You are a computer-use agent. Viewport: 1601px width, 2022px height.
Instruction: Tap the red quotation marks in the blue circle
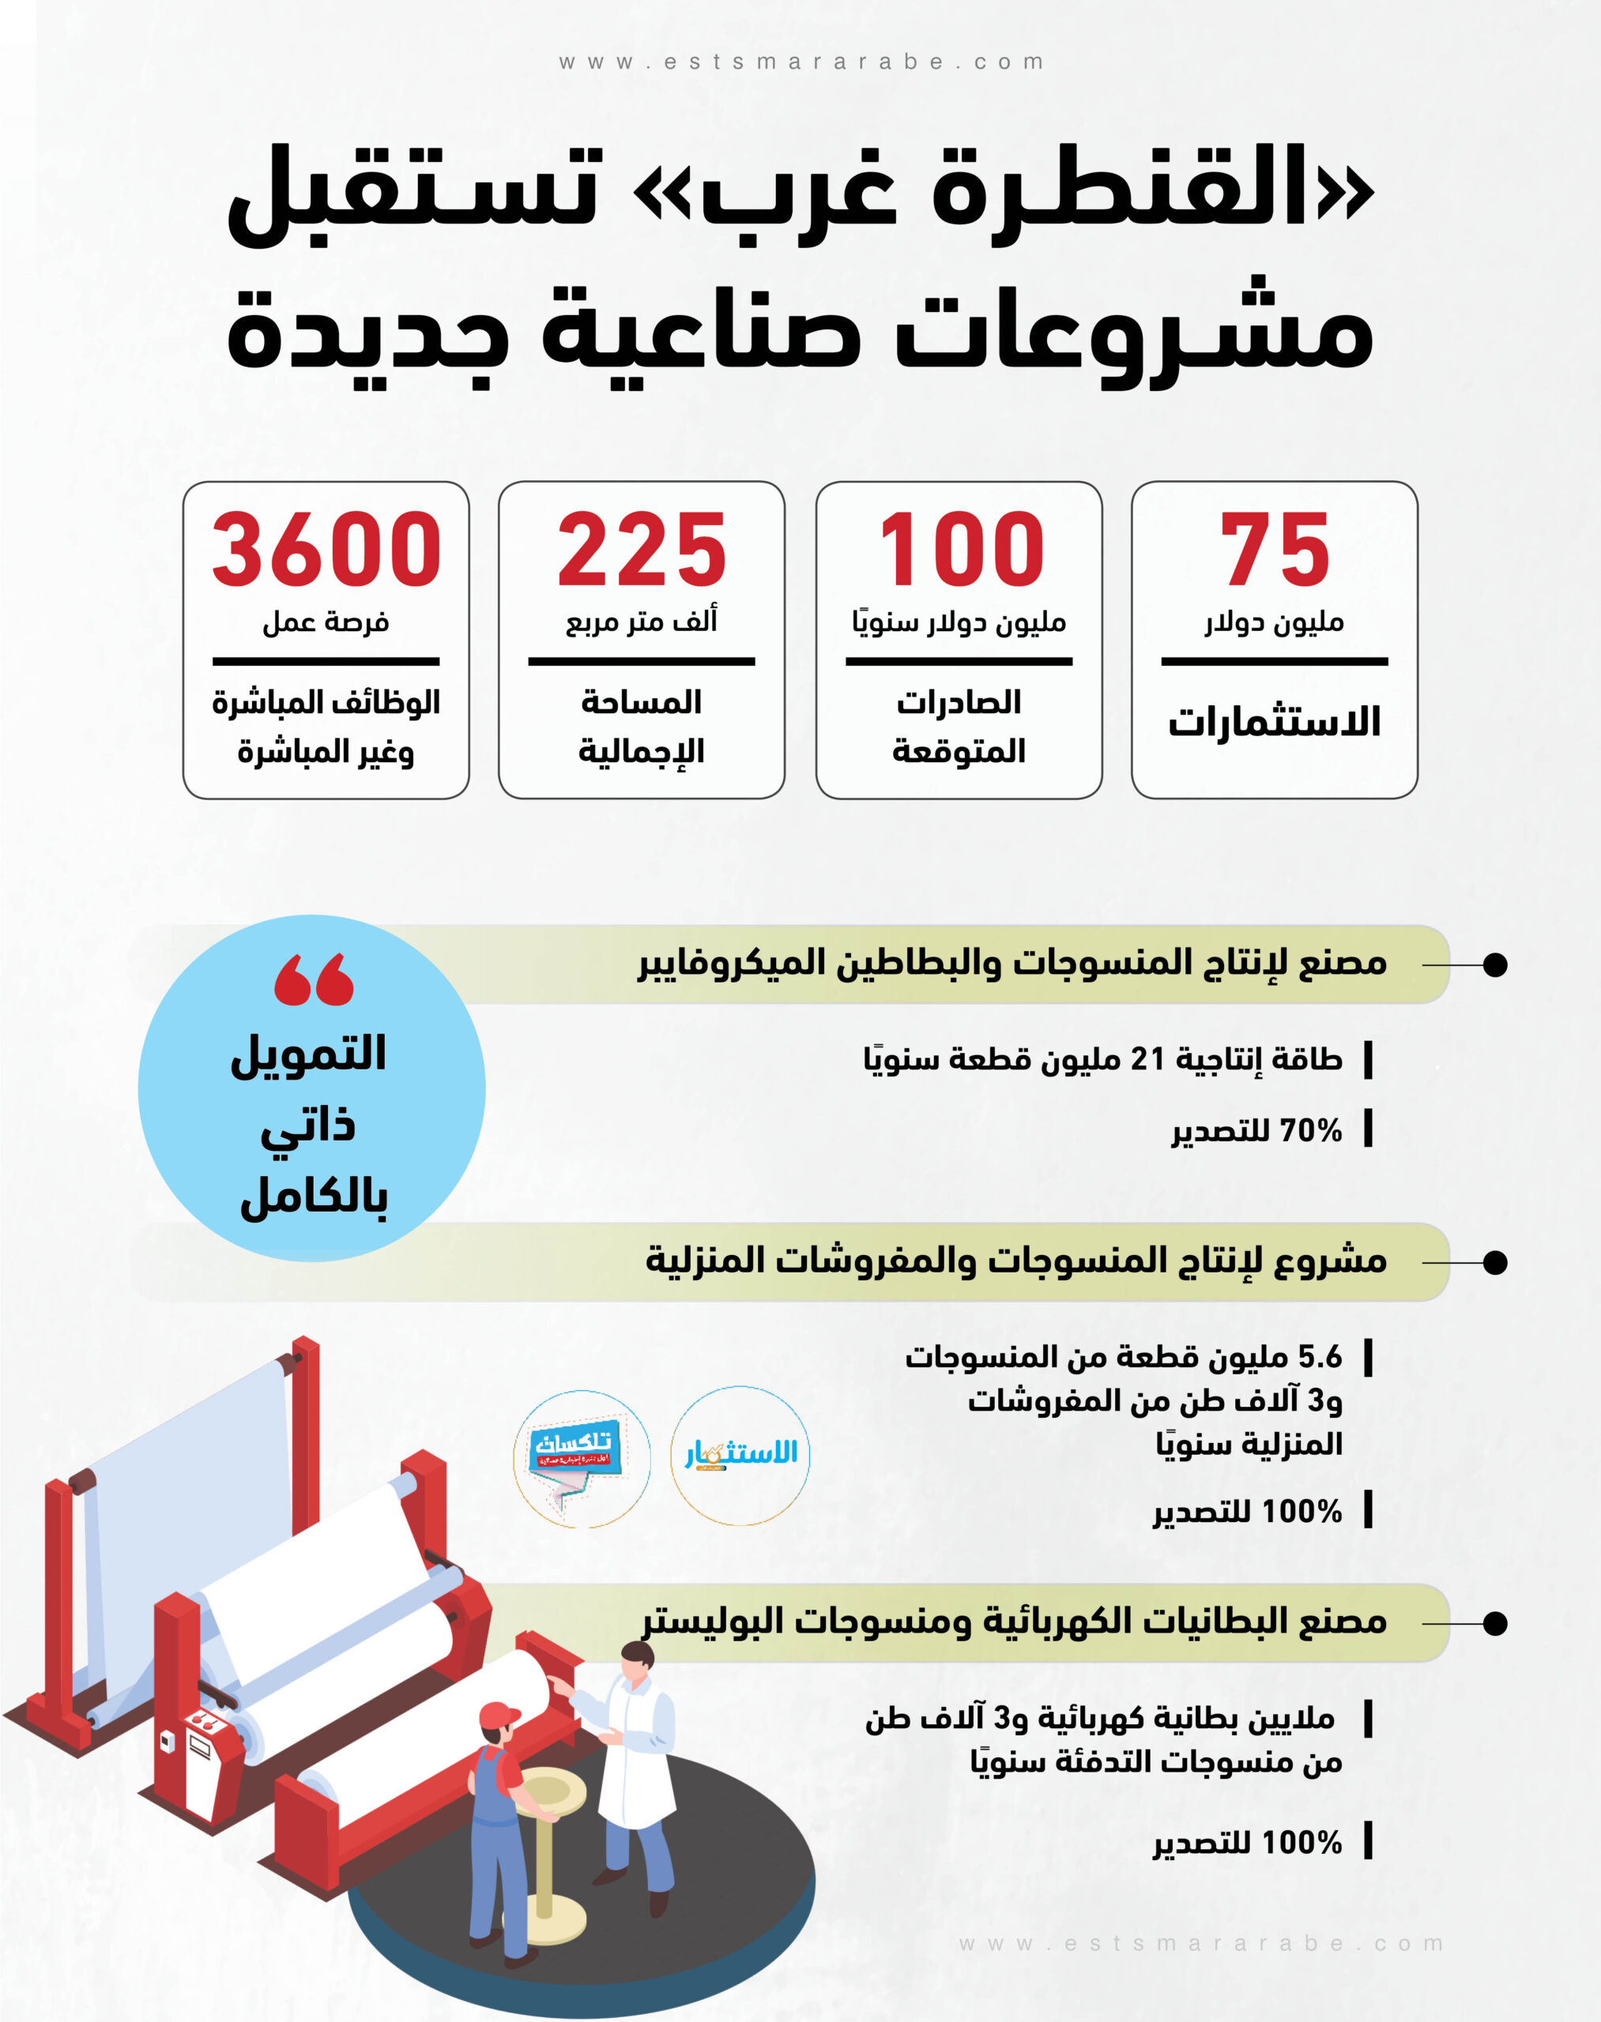[313, 980]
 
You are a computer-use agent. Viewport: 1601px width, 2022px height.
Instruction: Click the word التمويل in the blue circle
[309, 1054]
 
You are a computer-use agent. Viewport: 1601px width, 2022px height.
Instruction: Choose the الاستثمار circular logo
[740, 1455]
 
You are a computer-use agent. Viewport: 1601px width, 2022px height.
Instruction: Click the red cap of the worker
[499, 1716]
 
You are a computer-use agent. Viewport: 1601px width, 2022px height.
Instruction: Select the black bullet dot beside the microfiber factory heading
[1495, 964]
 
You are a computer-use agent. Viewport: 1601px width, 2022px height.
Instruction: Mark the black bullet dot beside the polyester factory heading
[1495, 1624]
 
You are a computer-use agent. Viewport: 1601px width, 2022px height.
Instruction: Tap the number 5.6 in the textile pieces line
[1320, 1357]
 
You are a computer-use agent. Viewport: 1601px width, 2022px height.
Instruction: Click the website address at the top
[800, 62]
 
